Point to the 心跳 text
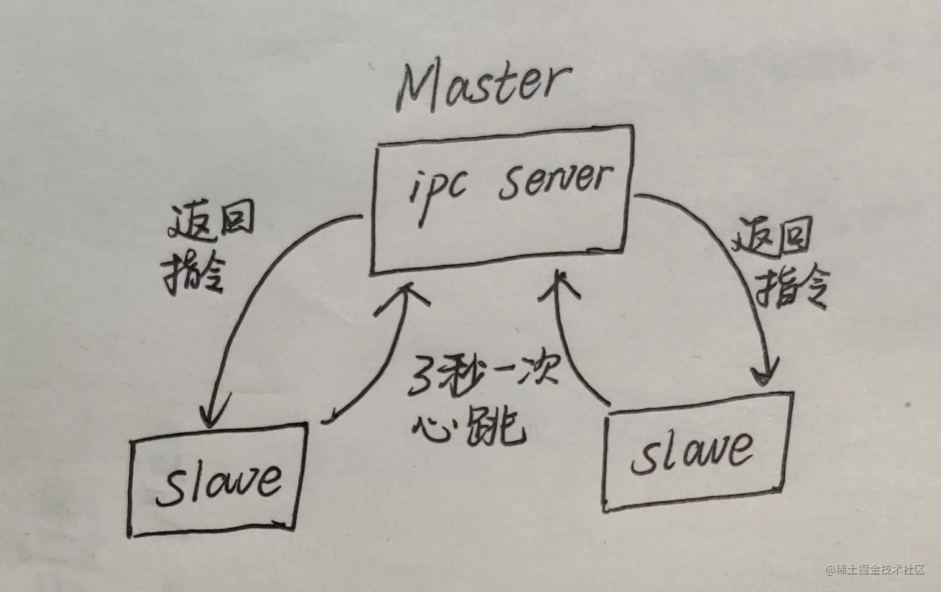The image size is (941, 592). (x=470, y=425)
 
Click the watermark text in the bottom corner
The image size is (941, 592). (x=875, y=569)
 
